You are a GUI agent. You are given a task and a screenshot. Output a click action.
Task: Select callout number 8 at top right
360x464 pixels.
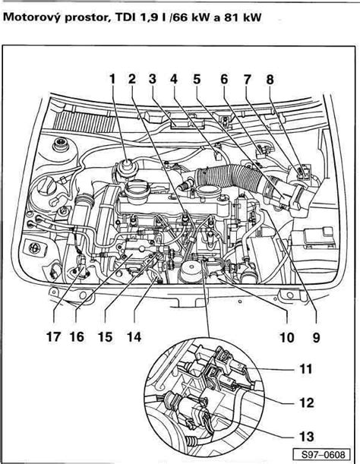tap(270, 79)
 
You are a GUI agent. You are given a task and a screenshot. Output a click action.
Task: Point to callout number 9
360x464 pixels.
tap(313, 332)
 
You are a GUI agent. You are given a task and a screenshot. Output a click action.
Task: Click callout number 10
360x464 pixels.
tap(286, 332)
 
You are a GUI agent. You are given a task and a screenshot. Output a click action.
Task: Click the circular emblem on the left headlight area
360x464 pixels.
tap(33, 248)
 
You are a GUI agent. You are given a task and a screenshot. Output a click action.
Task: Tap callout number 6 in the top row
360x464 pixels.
tap(224, 79)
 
